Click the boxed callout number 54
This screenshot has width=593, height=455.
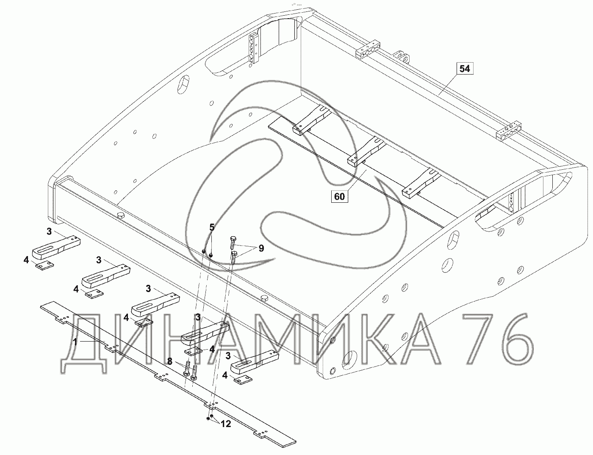[x=465, y=69]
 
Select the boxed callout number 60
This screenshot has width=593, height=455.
[x=339, y=196]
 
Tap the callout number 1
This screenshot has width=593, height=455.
[x=75, y=342]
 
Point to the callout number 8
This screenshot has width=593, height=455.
[x=170, y=361]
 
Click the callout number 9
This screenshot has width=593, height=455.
[x=261, y=248]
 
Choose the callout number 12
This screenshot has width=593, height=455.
[x=226, y=424]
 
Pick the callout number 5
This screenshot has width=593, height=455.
[x=212, y=227]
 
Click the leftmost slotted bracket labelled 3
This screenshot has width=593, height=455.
[x=56, y=248]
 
